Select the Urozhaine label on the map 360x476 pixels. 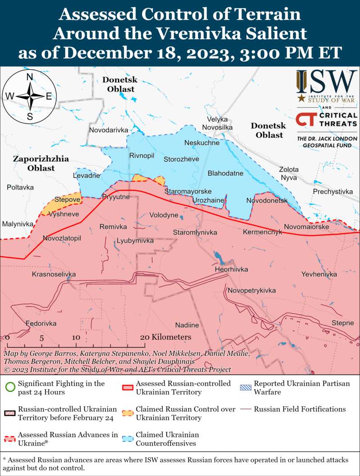pyautogui.click(x=208, y=200)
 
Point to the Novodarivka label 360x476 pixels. pyautogui.click(x=109, y=130)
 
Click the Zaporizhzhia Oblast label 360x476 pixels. pyautogui.click(x=40, y=163)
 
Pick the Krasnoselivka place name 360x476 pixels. pyautogui.click(x=54, y=274)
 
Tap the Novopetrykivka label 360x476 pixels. pyautogui.click(x=251, y=290)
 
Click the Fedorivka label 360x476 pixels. pyautogui.click(x=41, y=323)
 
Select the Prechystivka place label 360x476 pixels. pyautogui.click(x=333, y=192)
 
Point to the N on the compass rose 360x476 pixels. pyautogui.click(x=29, y=77)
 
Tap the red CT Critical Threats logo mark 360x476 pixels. pyautogui.click(x=305, y=120)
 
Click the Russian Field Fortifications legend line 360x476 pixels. pyautogui.click(x=246, y=409)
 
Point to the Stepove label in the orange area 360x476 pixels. pyautogui.click(x=67, y=199)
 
